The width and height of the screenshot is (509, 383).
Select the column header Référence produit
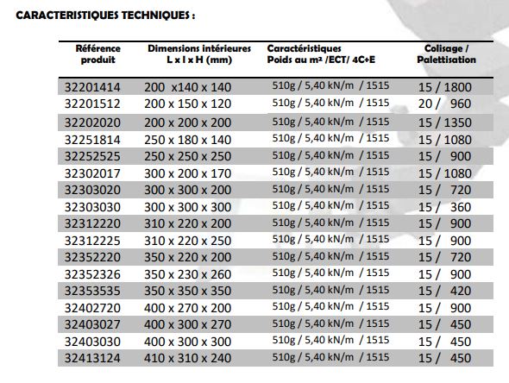tap(99, 53)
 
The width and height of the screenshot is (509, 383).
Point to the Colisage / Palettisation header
tap(446, 53)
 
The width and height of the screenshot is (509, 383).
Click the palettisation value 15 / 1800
tap(445, 87)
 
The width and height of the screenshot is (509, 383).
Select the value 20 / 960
tap(445, 104)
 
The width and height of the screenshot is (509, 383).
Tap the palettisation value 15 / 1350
tap(445, 121)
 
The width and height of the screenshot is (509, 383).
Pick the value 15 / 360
tap(445, 204)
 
